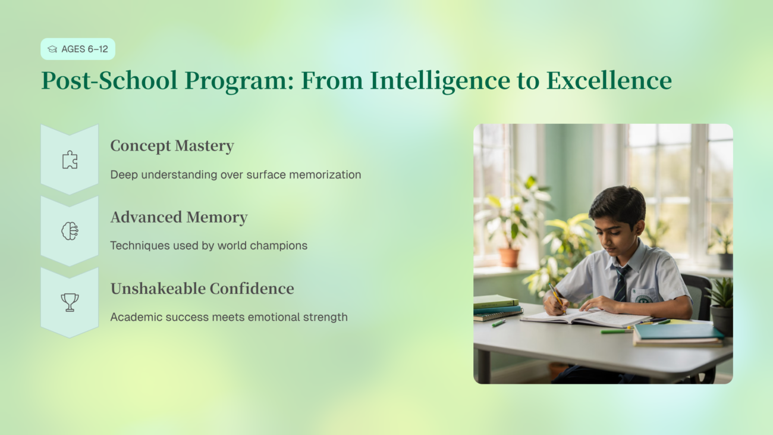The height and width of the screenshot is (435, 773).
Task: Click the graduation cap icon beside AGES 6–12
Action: pyautogui.click(x=52, y=49)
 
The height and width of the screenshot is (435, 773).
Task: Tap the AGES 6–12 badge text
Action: pyautogui.click(x=84, y=49)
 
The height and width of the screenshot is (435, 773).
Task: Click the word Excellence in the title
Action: pyautogui.click(x=609, y=80)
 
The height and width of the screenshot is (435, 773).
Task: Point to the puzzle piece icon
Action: pyautogui.click(x=70, y=160)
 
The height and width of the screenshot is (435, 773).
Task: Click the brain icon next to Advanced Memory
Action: pyautogui.click(x=70, y=231)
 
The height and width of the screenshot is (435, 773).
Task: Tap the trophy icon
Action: pyautogui.click(x=70, y=302)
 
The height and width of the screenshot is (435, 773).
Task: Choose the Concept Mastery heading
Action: pyautogui.click(x=172, y=146)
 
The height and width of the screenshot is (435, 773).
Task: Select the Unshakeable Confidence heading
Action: pyautogui.click(x=202, y=289)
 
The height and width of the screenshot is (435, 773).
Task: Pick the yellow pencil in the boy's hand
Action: pyautogui.click(x=557, y=298)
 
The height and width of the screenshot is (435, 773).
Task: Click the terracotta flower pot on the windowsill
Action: pyautogui.click(x=508, y=258)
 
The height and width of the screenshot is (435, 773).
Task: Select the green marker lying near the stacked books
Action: pyautogui.click(x=499, y=323)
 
